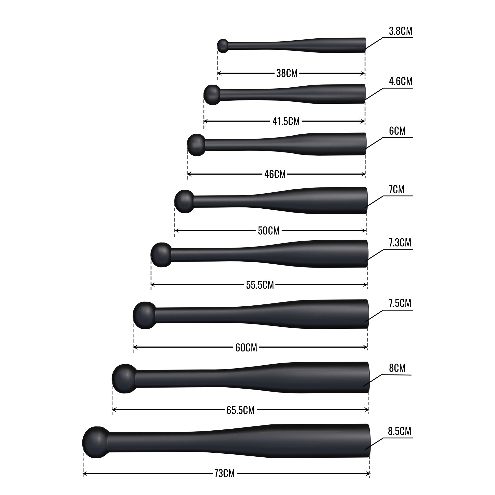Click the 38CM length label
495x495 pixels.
[287, 74]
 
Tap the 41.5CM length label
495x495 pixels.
[286, 121]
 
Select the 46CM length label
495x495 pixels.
[275, 174]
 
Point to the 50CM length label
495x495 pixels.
[269, 231]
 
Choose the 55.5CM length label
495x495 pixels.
[260, 285]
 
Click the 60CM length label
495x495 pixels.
[246, 348]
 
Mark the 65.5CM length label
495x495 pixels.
[240, 410]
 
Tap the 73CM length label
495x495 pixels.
[224, 474]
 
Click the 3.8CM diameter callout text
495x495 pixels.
[400, 31]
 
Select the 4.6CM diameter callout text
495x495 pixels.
[400, 81]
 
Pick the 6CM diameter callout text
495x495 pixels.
[397, 131]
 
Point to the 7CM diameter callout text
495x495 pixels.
[396, 190]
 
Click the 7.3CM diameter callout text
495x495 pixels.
[400, 243]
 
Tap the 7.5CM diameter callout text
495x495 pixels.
[400, 303]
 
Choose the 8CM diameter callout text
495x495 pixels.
[397, 368]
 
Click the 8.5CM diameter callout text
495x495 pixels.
[399, 431]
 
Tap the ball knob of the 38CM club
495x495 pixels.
[223, 46]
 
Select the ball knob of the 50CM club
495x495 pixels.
[184, 201]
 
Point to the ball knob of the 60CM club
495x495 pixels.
[145, 315]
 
